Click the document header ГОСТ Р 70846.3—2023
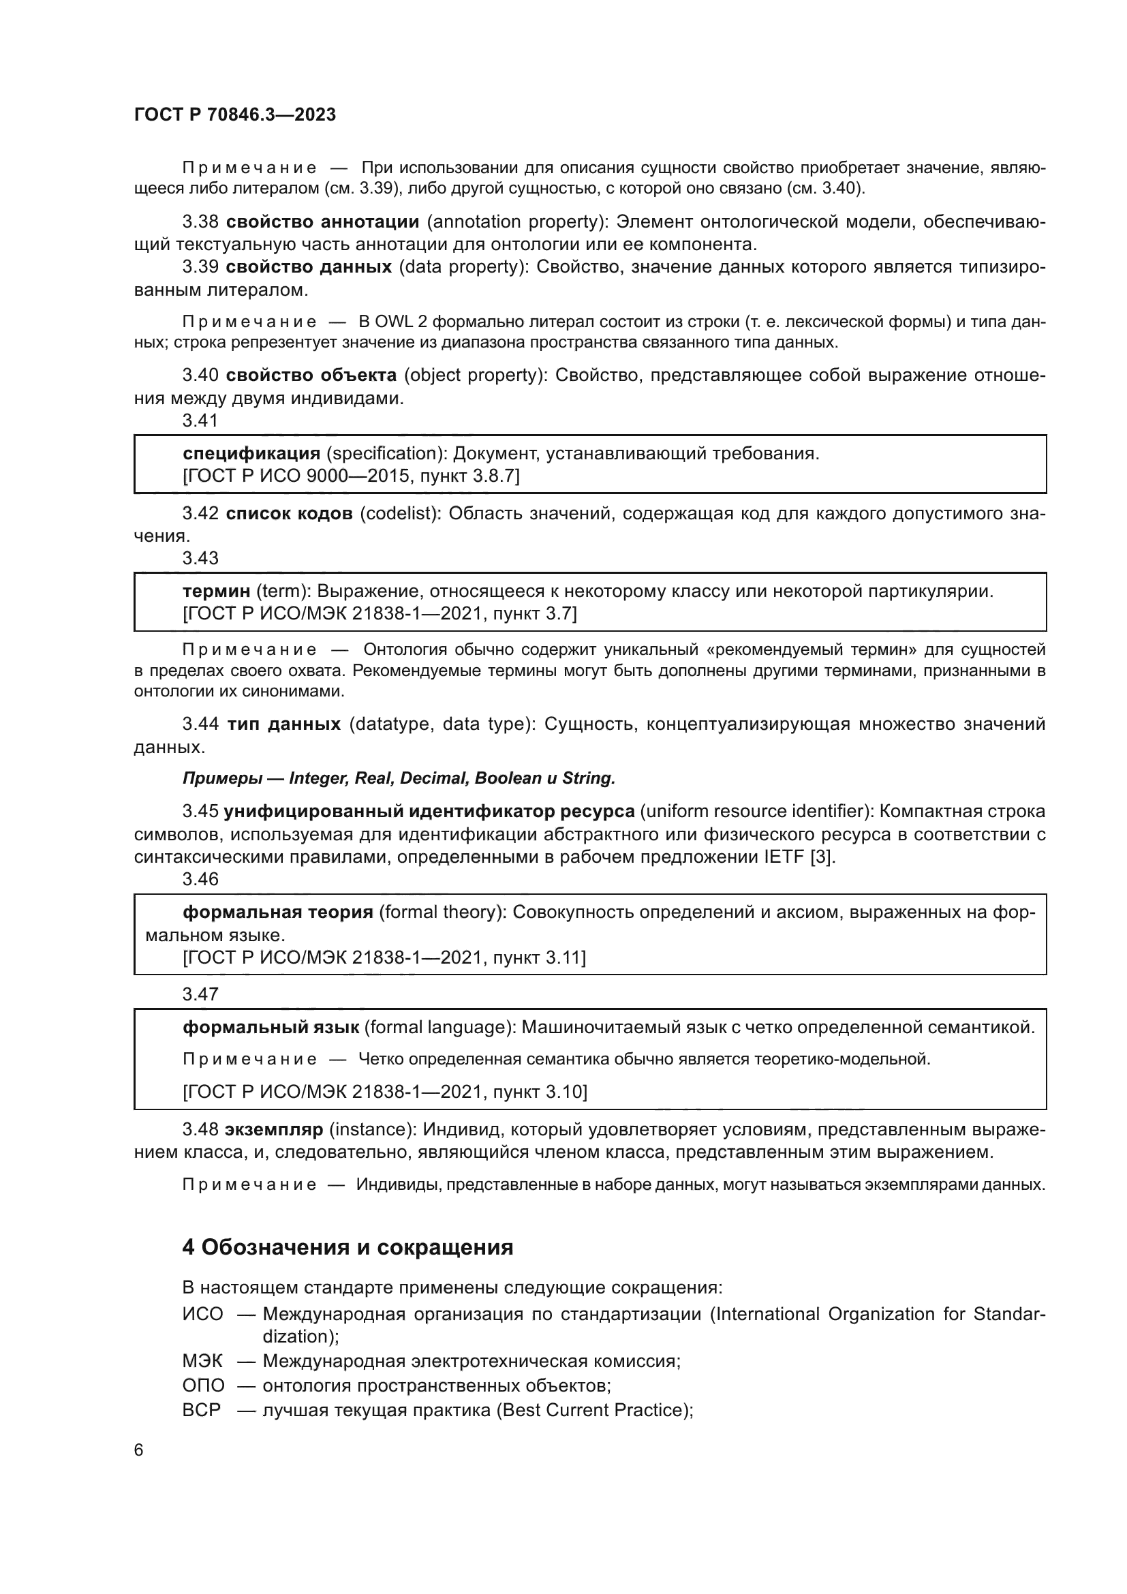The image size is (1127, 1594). (234, 114)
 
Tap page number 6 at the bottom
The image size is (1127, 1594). (139, 1450)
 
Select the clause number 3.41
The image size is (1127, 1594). (200, 420)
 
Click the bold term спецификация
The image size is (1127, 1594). (251, 453)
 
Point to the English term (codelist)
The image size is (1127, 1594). (400, 514)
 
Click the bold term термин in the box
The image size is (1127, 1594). (216, 592)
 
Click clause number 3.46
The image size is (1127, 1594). (200, 880)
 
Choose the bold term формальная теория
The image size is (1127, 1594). (277, 913)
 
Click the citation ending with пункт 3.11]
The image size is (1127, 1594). (384, 958)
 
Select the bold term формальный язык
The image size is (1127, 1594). (271, 1028)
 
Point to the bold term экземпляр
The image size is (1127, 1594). (274, 1129)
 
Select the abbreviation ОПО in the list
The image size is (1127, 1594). (203, 1385)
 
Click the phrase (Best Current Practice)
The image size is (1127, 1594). (594, 1410)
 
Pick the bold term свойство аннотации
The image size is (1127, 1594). (323, 222)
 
